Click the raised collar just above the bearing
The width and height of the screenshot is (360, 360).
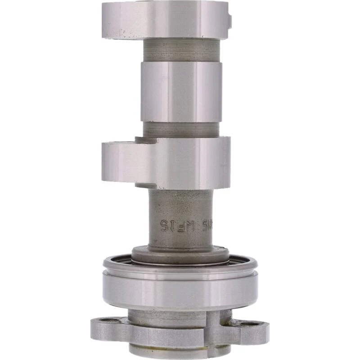(x=180, y=255)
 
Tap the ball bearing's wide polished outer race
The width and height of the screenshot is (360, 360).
(x=180, y=290)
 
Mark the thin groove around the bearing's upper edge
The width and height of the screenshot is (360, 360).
(x=180, y=271)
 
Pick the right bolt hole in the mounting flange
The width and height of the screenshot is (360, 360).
(x=253, y=323)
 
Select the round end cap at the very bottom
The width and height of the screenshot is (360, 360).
(x=180, y=351)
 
